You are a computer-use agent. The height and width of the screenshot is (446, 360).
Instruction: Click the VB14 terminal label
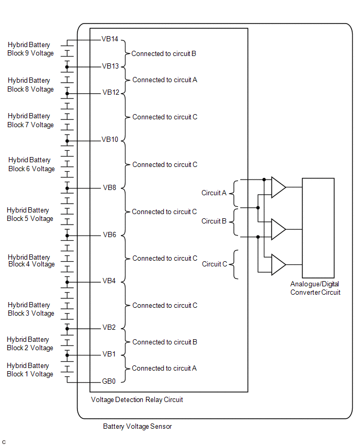(x=110, y=39)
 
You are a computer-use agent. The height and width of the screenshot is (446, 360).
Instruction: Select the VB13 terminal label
(x=110, y=66)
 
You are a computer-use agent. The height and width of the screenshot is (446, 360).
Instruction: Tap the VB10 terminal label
(x=110, y=139)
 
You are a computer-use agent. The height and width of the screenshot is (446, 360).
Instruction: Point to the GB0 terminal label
(x=109, y=381)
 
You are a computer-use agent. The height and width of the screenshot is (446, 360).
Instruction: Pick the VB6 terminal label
(x=109, y=235)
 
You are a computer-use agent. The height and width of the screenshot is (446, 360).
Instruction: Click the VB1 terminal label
(x=109, y=354)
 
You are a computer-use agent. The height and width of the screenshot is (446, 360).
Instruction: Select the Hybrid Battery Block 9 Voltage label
(x=30, y=49)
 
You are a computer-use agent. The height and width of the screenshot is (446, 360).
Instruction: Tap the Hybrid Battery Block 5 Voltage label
(x=30, y=214)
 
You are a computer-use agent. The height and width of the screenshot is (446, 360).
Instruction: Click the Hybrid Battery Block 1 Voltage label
(x=30, y=370)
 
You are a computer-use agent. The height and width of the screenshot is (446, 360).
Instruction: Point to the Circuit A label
(x=214, y=193)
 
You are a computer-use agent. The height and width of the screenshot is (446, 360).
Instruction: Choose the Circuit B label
(x=214, y=221)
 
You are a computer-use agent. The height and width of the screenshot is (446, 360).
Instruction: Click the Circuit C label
(x=215, y=264)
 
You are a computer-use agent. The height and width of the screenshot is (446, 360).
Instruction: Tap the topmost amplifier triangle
(x=279, y=187)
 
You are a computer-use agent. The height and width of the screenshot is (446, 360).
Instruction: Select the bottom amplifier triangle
(x=279, y=264)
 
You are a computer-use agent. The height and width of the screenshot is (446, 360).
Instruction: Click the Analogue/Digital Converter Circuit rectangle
(x=318, y=179)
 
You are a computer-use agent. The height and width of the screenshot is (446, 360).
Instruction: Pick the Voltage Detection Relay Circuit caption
(x=137, y=399)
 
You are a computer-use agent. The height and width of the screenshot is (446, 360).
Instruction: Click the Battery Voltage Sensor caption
(x=137, y=426)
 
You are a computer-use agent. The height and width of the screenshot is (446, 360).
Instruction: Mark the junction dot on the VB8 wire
(x=67, y=188)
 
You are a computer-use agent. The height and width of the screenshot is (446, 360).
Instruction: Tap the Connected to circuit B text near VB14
(x=163, y=53)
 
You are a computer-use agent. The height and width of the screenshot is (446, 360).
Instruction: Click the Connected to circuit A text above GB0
(x=164, y=368)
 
